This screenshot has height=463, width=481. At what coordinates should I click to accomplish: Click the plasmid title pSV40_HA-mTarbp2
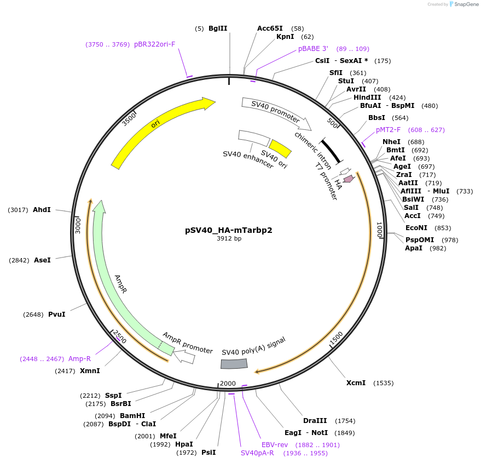[x=228, y=230]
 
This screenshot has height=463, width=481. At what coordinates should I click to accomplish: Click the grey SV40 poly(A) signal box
[x=234, y=364]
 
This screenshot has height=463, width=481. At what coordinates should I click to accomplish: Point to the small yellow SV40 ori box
[x=280, y=148]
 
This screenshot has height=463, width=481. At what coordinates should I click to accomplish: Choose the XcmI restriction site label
[x=356, y=383]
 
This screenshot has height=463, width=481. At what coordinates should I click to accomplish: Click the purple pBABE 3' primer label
[x=313, y=49]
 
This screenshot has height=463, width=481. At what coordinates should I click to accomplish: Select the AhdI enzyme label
[x=42, y=210]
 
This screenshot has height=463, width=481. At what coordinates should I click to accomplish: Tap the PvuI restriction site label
[x=56, y=315]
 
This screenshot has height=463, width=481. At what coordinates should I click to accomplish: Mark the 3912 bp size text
[x=229, y=239]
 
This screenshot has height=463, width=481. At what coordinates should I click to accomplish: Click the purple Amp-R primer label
[x=79, y=359]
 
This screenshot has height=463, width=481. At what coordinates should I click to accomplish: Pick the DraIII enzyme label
[x=315, y=421]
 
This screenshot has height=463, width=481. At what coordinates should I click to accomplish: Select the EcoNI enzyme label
[x=416, y=228]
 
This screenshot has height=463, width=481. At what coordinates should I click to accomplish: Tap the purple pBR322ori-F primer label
[x=155, y=44]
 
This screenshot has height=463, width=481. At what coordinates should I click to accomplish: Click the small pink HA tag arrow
[x=348, y=178]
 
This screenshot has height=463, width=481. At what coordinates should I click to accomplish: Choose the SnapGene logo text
[x=462, y=4]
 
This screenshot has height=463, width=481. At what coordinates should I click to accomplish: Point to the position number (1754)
[x=345, y=421]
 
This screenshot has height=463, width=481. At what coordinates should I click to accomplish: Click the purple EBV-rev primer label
[x=275, y=445]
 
